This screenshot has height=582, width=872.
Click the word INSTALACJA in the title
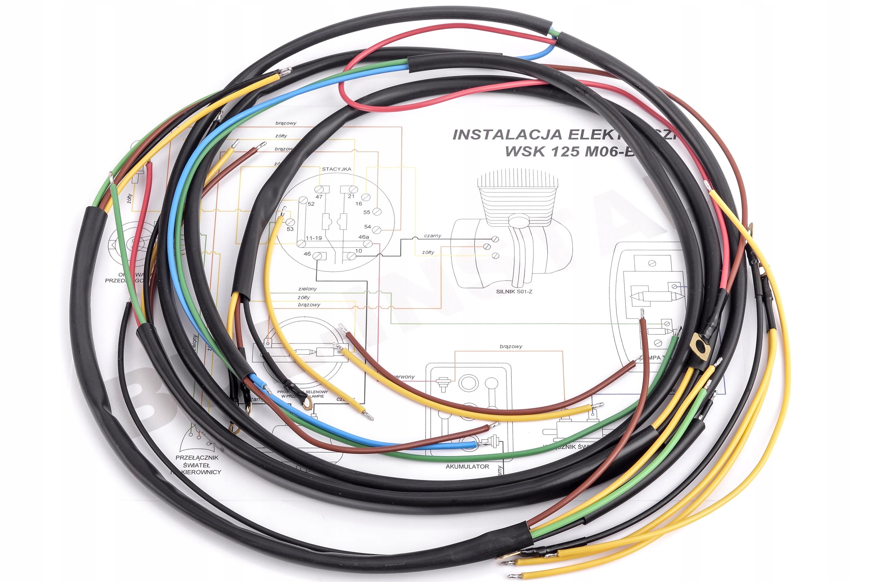click(507, 135)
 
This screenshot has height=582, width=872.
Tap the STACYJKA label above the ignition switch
click(336, 169)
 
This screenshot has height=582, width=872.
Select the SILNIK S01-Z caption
click(514, 292)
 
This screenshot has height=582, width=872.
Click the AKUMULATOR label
click(467, 467)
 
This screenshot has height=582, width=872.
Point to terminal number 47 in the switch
click(319, 197)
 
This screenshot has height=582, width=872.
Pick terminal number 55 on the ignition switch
click(367, 212)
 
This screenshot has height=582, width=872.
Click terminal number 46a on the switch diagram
click(363, 237)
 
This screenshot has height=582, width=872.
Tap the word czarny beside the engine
click(433, 236)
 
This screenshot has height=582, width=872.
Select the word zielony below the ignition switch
click(307, 289)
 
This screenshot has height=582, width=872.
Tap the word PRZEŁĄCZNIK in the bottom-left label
click(197, 458)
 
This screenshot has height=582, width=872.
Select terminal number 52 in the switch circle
click(311, 204)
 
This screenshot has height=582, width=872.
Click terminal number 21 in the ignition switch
click(351, 196)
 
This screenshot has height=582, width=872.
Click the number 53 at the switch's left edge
click(290, 229)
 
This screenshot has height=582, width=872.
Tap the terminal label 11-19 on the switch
click(314, 238)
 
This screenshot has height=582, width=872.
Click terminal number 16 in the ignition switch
click(359, 204)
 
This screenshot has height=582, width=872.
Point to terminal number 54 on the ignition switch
click(368, 226)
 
